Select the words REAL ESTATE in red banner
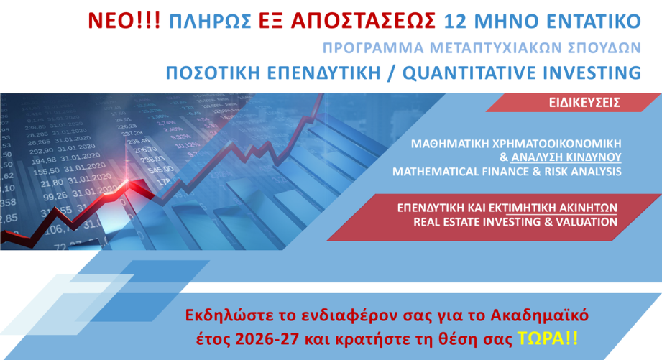[447, 221]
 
